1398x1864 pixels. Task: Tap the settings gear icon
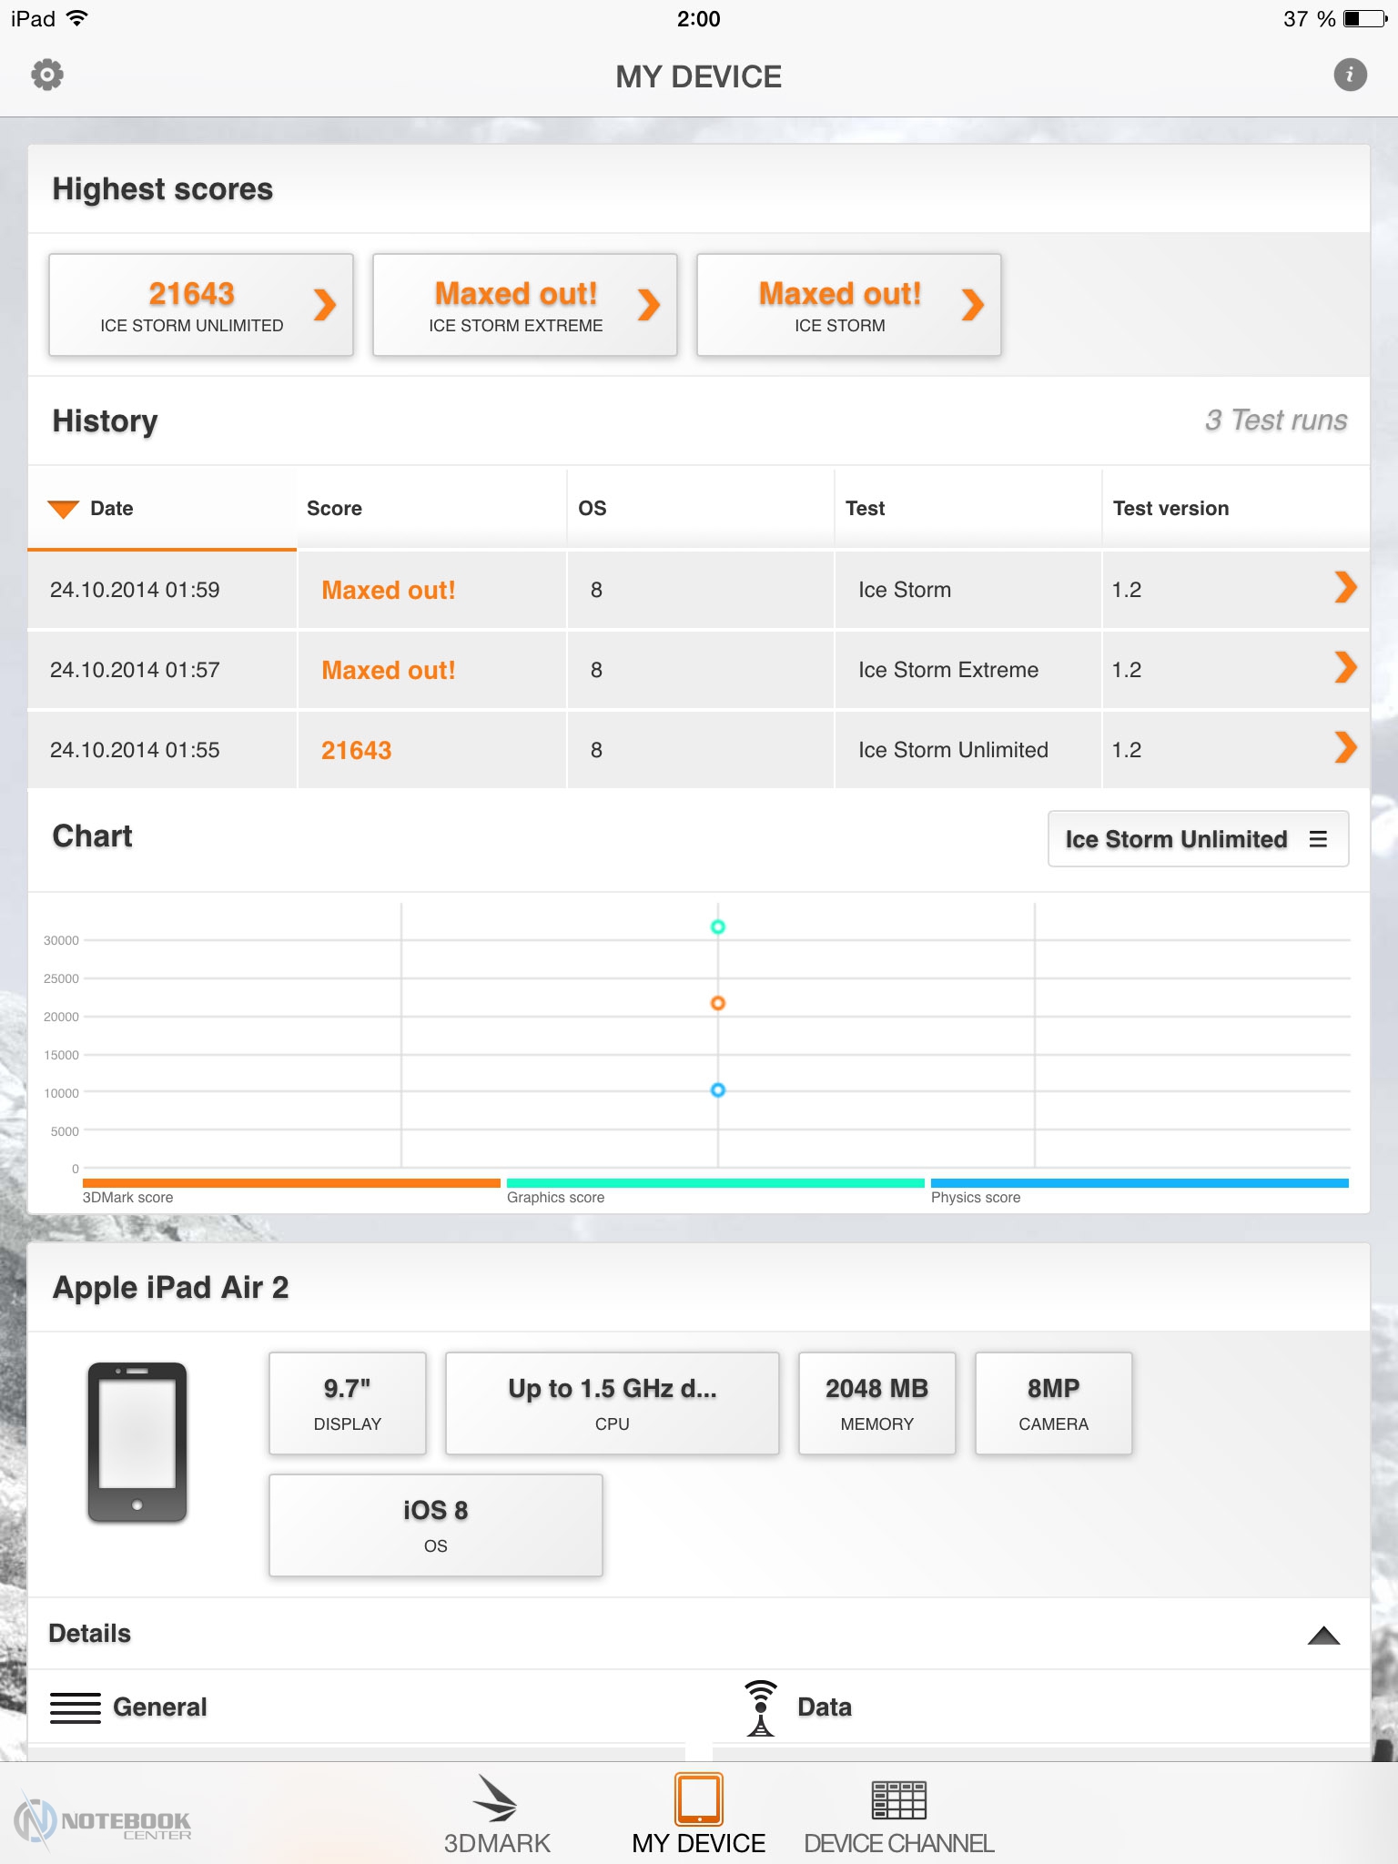pos(47,75)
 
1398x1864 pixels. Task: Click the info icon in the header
pos(1350,75)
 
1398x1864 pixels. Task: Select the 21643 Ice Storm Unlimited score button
pos(201,305)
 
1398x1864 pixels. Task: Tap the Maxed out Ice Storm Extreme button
pos(525,305)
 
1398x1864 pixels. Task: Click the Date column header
pos(112,509)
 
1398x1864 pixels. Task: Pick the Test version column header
pos(1170,509)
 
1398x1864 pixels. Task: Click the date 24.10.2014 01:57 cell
pos(135,670)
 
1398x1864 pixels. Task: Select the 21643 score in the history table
pos(356,750)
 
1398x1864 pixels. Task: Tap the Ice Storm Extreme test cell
pos(948,670)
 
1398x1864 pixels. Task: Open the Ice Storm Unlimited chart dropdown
pos(1198,838)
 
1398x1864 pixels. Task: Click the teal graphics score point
pos(718,927)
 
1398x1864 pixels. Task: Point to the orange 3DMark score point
pos(718,1003)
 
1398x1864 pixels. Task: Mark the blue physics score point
pos(718,1089)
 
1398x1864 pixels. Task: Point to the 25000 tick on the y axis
pos(61,978)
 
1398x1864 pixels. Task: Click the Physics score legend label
pos(976,1198)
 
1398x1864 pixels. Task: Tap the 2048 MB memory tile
pos(877,1403)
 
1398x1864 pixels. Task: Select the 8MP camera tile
pos(1054,1403)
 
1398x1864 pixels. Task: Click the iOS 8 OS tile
pos(436,1525)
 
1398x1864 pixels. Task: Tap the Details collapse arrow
pos(1323,1636)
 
